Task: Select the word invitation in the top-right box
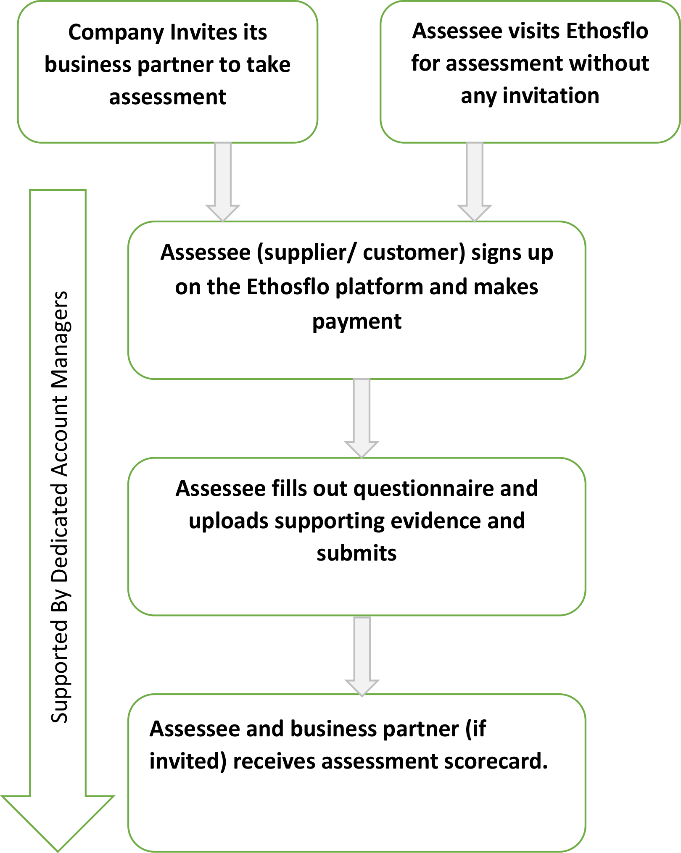tap(551, 96)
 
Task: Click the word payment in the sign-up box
tap(356, 322)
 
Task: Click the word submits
tap(356, 553)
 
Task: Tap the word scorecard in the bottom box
tap(496, 761)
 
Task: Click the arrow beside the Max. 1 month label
tap(362, 656)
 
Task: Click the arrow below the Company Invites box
tap(223, 181)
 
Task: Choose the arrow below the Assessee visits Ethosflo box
tap(474, 181)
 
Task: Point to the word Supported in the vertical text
tap(60, 668)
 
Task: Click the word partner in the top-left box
tap(175, 65)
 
